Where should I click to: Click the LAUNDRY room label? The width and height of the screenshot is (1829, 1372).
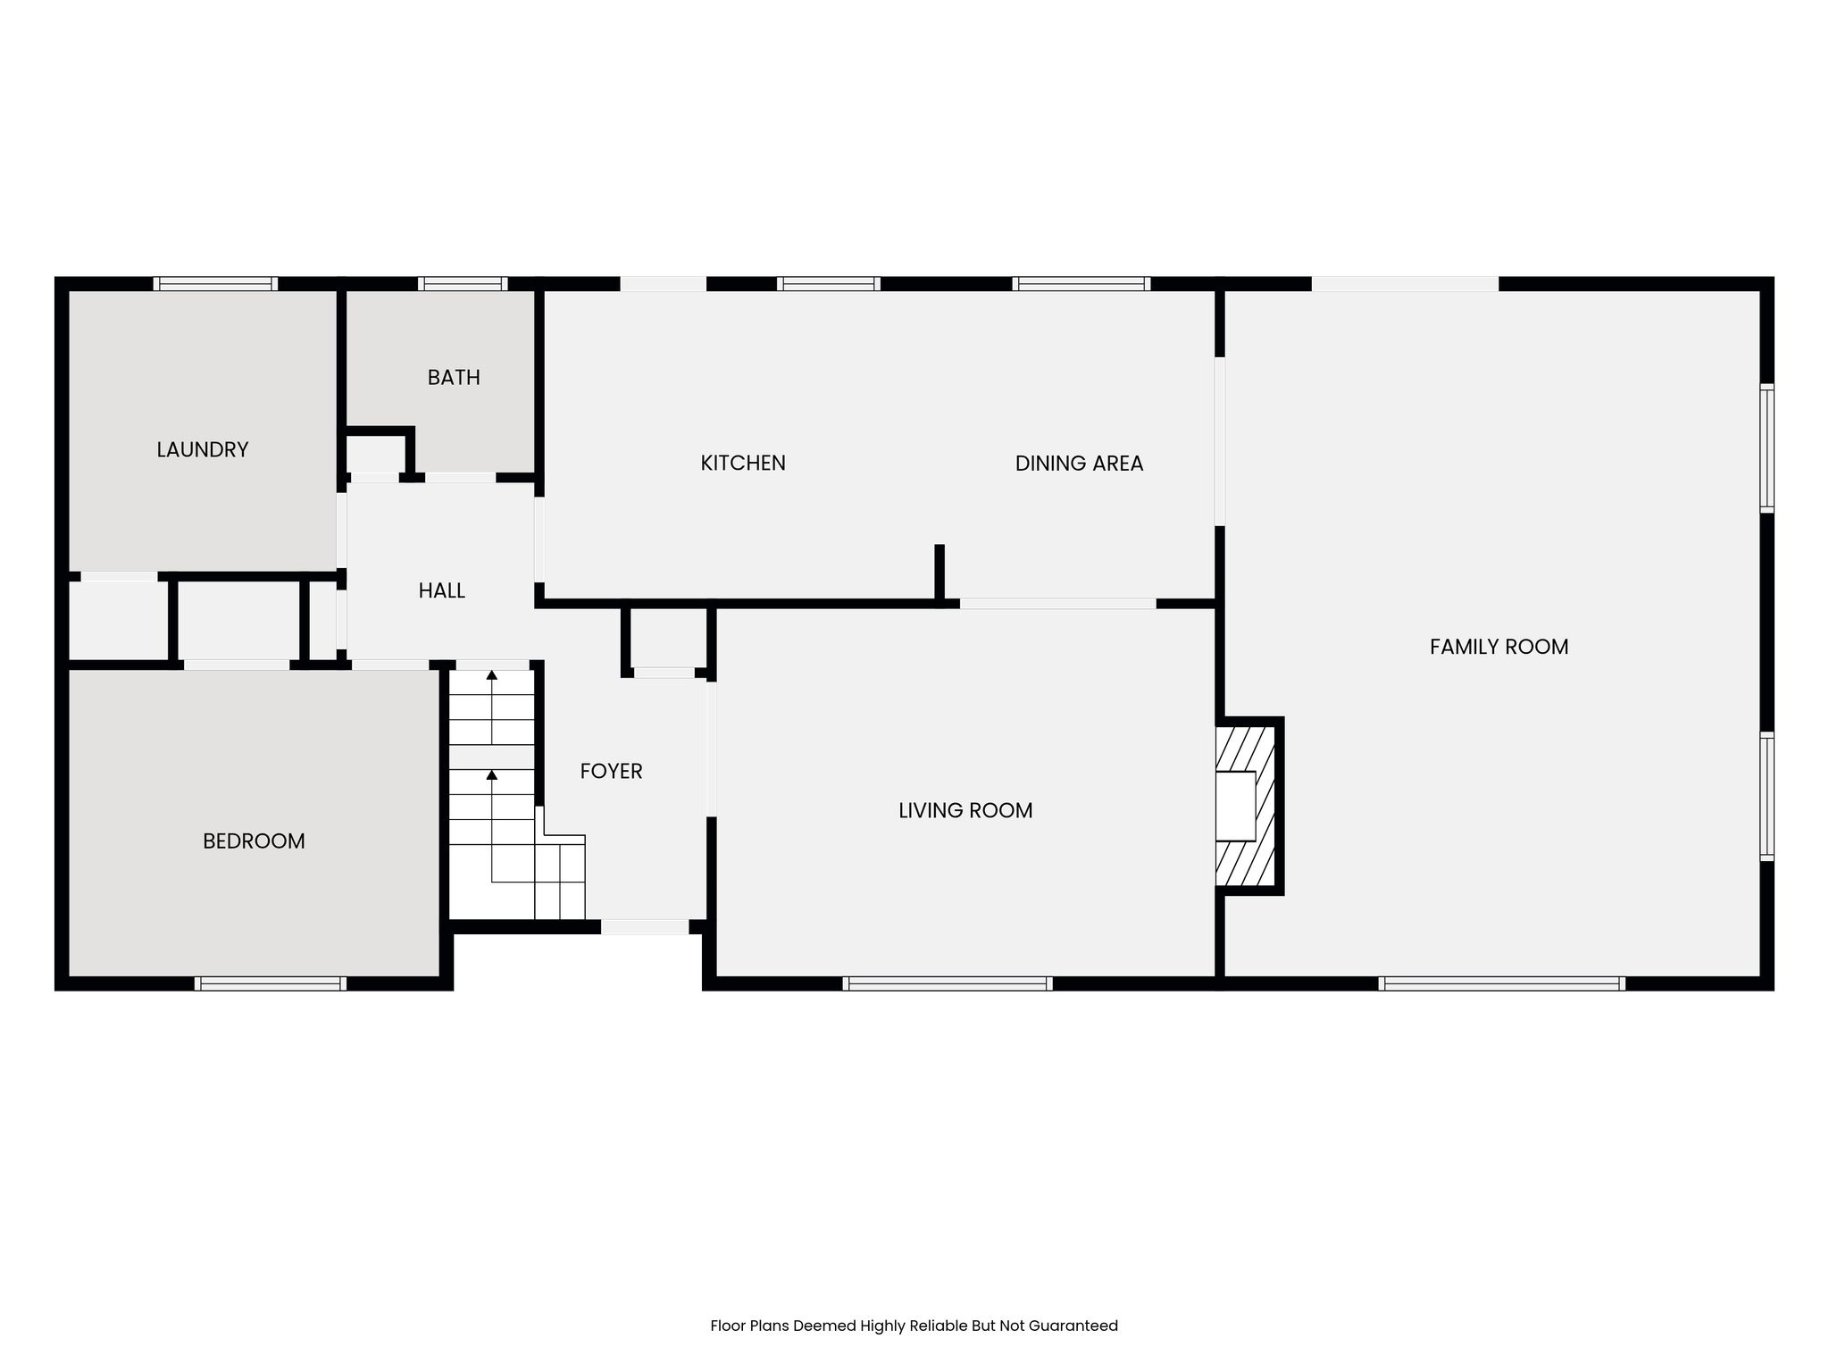203,449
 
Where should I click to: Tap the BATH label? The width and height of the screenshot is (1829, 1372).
454,378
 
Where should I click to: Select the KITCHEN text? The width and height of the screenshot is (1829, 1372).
743,463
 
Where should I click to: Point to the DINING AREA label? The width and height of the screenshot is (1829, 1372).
1079,463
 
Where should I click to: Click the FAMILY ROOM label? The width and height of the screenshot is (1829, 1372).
1499,647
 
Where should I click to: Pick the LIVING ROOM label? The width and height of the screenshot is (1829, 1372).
965,810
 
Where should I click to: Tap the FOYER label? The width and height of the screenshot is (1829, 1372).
611,771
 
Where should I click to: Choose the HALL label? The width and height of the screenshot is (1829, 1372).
442,590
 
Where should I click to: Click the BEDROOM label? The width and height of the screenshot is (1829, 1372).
254,841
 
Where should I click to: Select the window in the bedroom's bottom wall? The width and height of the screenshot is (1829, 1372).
271,983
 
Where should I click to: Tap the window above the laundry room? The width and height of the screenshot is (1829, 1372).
215,284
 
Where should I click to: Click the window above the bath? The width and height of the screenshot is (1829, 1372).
463,284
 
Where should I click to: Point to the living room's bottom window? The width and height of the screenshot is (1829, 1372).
948,983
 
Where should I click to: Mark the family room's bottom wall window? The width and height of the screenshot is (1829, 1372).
1501,983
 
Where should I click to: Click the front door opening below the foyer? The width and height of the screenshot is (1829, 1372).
645,927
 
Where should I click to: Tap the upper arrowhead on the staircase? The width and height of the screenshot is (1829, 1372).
491,675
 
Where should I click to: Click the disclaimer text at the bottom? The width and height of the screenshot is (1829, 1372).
914,1326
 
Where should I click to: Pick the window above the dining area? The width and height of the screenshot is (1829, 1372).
1082,284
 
